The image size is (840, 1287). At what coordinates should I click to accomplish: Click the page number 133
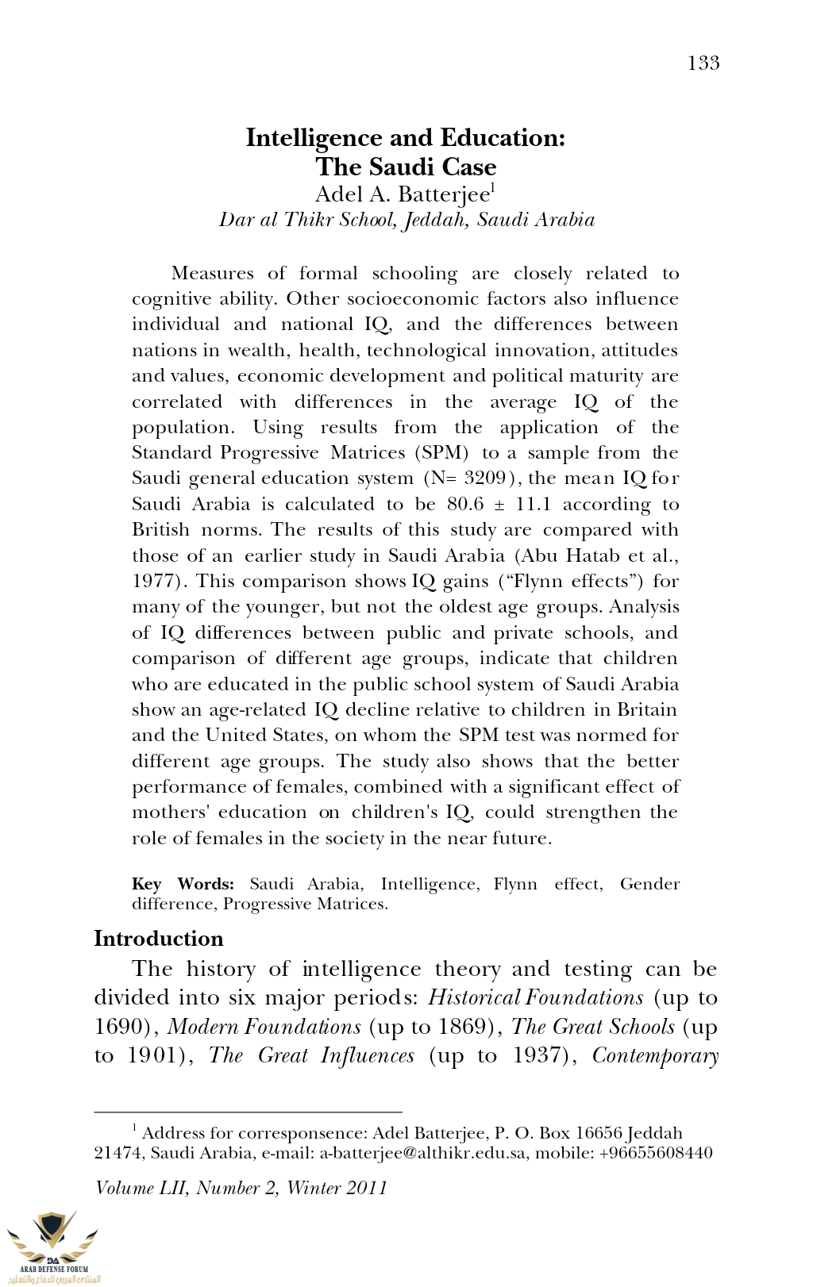point(703,63)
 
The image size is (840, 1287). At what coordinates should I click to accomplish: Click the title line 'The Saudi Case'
point(406,167)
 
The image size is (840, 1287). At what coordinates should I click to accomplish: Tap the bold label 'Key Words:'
point(183,884)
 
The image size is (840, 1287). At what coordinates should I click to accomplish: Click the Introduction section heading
point(159,939)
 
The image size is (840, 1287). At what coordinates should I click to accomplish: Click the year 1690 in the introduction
point(122,1027)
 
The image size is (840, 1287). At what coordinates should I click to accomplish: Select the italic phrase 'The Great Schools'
point(593,1027)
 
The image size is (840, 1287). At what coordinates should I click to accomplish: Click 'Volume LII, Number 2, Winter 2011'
point(241,1188)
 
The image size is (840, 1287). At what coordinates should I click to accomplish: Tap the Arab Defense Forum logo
point(52,1246)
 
